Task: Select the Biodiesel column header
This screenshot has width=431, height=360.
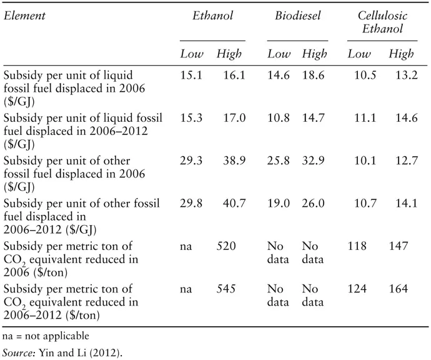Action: click(298, 16)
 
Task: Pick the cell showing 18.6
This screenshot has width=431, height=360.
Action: click(314, 74)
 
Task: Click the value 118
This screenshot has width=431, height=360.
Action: click(357, 246)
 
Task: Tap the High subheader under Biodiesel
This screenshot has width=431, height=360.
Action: click(314, 54)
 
